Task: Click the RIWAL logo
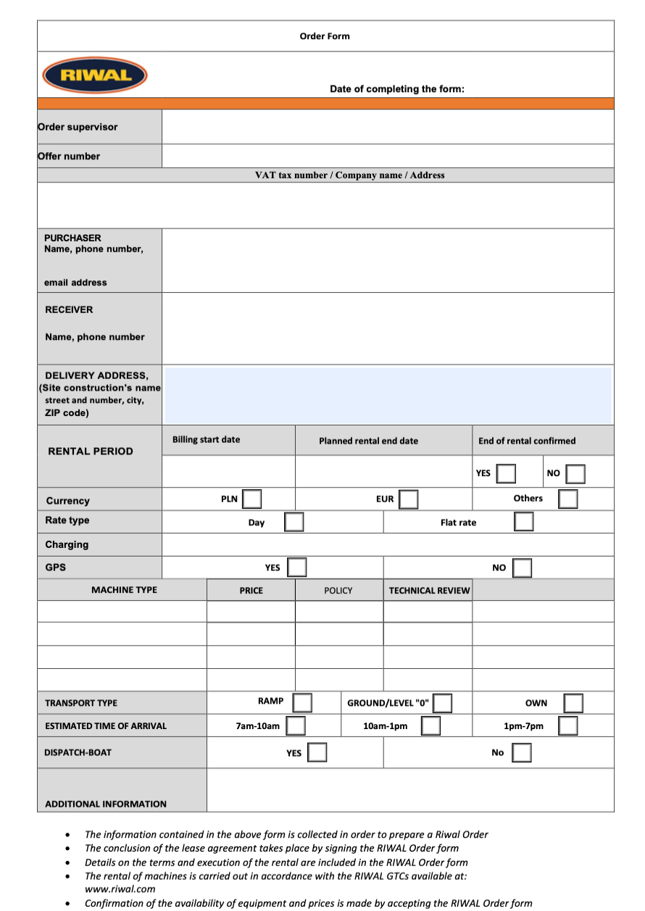[x=95, y=75]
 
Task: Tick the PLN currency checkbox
[x=252, y=499]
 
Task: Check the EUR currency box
[x=409, y=499]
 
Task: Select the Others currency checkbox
[x=568, y=499]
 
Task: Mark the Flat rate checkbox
[x=524, y=522]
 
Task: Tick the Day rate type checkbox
[x=294, y=523]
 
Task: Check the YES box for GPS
[x=296, y=567]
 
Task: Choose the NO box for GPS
[x=522, y=567]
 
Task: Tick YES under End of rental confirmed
[x=506, y=473]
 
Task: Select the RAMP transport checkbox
[x=302, y=702]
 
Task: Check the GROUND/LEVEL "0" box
[x=443, y=703]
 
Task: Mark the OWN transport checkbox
[x=573, y=703]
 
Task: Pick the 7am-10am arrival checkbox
[x=295, y=725]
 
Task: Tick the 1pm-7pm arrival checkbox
[x=568, y=725]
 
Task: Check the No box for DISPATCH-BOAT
[x=522, y=752]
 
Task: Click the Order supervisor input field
[x=388, y=127]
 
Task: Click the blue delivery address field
[x=388, y=396]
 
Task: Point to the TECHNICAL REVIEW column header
[x=429, y=591]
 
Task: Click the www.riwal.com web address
[x=120, y=889]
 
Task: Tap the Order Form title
[x=325, y=36]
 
